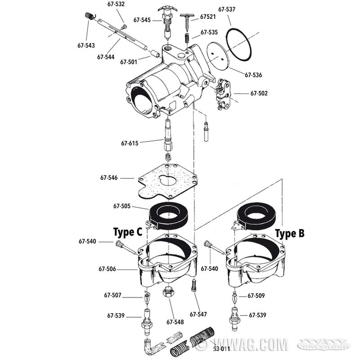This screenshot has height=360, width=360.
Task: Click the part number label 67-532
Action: tap(116, 4)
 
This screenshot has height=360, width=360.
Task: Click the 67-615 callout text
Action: tap(130, 143)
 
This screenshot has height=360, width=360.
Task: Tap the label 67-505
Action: tap(122, 206)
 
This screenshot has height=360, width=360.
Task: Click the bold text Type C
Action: tap(127, 232)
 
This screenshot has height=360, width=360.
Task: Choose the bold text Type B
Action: tap(289, 234)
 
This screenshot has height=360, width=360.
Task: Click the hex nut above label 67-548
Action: tap(169, 292)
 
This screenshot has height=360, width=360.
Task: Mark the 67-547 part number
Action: tap(198, 314)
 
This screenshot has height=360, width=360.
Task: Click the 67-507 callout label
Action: tap(112, 296)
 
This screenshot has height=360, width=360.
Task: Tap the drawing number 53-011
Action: tap(220, 348)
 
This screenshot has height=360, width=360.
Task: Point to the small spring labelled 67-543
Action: tap(90, 16)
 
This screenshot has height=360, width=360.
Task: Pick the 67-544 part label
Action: tap(105, 57)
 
